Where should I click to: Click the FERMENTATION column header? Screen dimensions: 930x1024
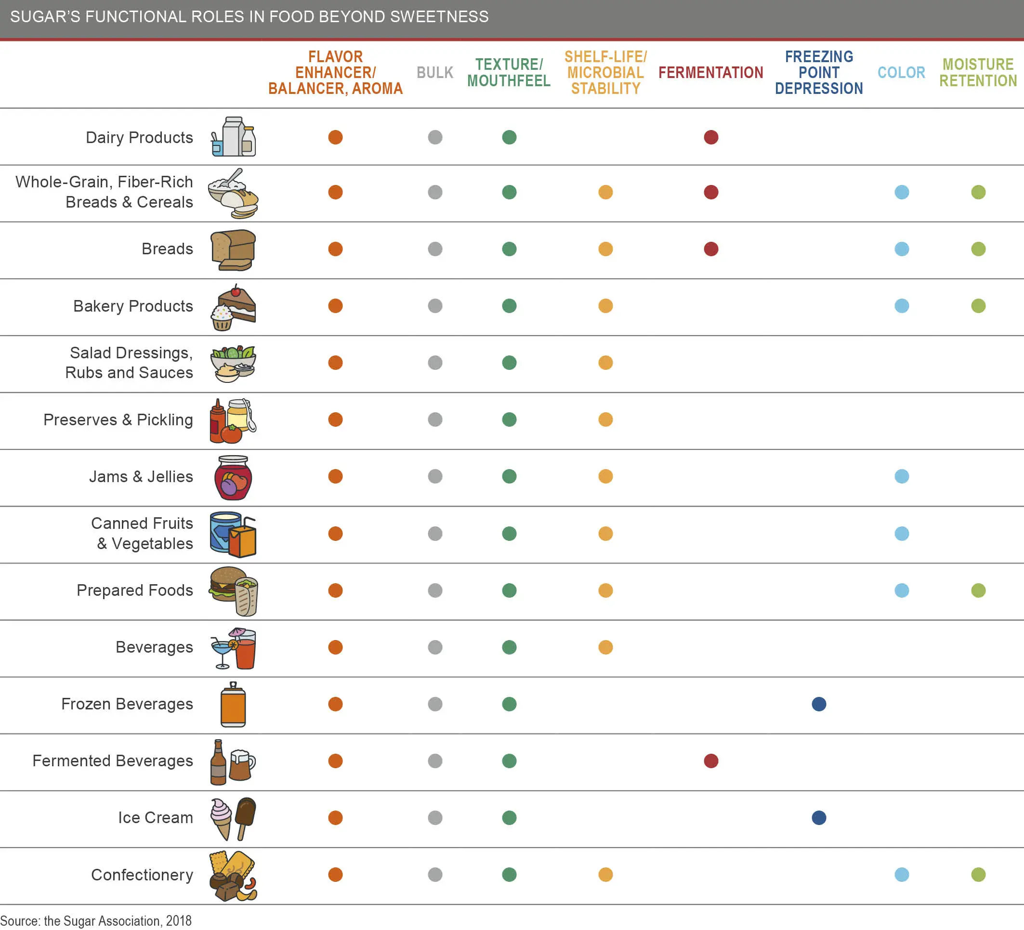click(710, 73)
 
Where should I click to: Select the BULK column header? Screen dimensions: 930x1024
click(435, 73)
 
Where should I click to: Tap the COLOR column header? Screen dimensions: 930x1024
click(901, 73)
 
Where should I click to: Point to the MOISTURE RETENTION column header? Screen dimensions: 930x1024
click(978, 73)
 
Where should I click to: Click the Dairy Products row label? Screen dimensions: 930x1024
click(139, 138)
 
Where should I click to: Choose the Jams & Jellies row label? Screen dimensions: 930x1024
click(141, 476)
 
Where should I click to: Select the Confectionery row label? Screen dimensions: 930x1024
click(142, 875)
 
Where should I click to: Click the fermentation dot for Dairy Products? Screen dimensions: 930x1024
click(710, 137)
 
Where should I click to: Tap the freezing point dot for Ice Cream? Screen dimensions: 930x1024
click(819, 818)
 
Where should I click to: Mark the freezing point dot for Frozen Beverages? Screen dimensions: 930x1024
click(819, 704)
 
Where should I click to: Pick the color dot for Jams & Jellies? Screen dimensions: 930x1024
click(902, 476)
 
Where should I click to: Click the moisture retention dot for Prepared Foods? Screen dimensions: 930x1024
click(978, 590)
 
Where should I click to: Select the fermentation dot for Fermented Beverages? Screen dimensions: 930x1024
click(710, 761)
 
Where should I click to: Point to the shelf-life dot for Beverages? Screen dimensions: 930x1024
click(605, 647)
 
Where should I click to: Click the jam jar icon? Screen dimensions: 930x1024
click(233, 477)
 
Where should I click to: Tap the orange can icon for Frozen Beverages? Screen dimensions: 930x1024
click(233, 705)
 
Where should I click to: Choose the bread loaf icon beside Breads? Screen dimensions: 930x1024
click(233, 250)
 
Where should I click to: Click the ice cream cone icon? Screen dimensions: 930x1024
click(222, 818)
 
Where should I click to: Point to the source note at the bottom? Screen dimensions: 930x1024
click(96, 921)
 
